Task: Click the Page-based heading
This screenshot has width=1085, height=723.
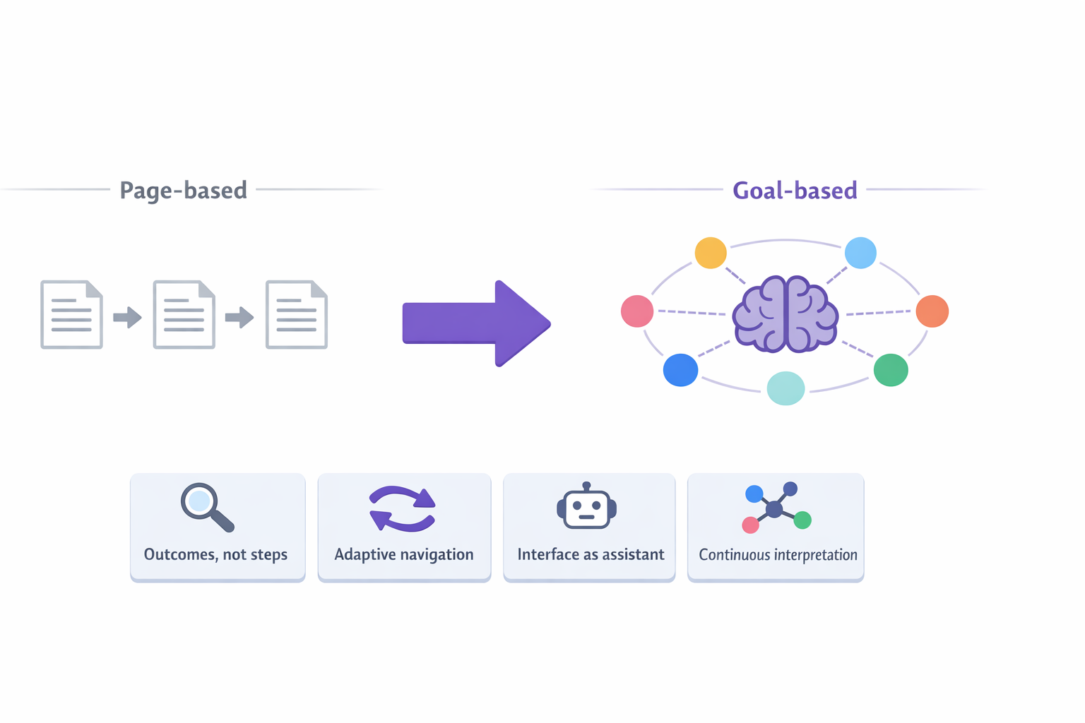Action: point(183,190)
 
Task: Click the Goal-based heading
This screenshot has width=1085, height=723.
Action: point(795,191)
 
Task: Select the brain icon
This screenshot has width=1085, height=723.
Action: point(785,314)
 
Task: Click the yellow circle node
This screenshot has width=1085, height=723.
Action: point(711,253)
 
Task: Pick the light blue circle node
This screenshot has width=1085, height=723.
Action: point(860,253)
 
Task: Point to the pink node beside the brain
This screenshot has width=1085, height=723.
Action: point(636,311)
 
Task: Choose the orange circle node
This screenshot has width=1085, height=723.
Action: point(932,311)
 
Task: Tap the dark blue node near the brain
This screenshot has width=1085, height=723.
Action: point(680,370)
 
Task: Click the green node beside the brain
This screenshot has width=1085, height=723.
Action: point(891,370)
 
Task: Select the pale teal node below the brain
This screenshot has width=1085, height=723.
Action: point(785,388)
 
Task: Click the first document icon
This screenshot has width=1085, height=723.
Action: point(71,315)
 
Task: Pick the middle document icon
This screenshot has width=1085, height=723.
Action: point(184,315)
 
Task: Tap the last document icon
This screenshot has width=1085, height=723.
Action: point(296,315)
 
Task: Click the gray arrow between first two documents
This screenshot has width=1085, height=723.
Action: point(128,318)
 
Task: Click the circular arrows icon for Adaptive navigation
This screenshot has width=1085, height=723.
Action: point(403,508)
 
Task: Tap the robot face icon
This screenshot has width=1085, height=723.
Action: point(586,507)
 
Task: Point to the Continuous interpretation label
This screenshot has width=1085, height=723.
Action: point(778,555)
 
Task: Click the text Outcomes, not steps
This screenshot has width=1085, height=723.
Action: point(215,555)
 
